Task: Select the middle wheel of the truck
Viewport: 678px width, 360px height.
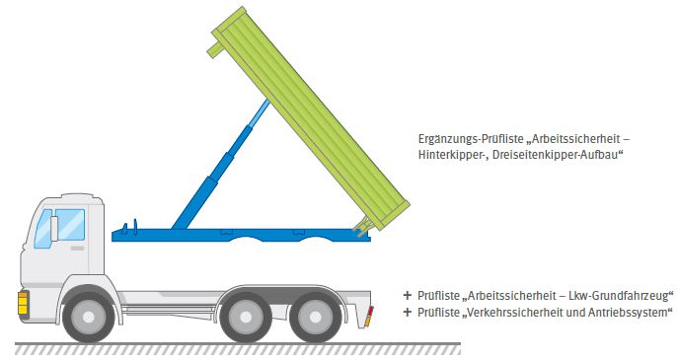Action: click(x=245, y=317)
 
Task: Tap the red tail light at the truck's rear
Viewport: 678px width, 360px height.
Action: click(x=370, y=315)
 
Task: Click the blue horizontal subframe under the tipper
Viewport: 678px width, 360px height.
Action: click(x=237, y=234)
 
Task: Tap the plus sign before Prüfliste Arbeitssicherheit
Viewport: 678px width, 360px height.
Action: click(x=407, y=295)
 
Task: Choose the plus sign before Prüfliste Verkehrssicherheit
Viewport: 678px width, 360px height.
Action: click(x=407, y=313)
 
